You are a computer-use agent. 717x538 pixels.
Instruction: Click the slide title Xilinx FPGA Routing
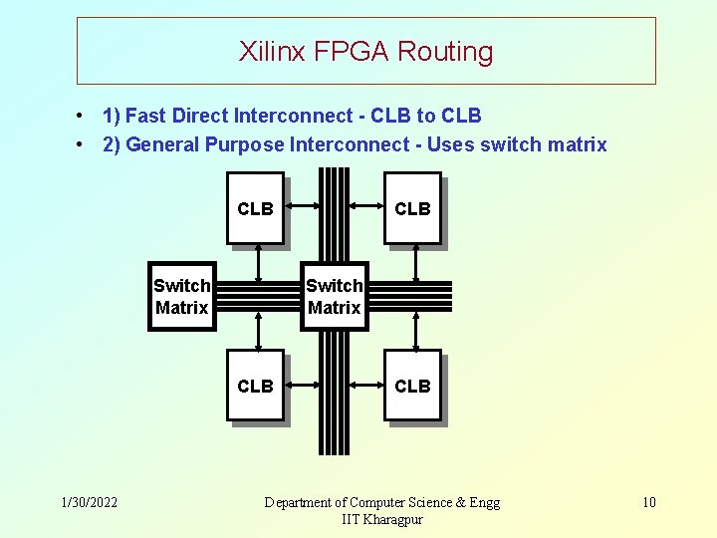point(365,52)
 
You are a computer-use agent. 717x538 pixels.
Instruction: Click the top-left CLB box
point(255,208)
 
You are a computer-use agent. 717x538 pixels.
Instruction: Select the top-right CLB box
point(412,208)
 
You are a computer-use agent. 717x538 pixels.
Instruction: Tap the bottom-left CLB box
point(255,386)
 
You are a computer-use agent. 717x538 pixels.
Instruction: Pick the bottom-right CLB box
point(412,386)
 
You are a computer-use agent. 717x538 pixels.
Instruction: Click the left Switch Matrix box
point(181,296)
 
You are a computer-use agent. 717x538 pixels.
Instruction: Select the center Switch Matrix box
point(335,296)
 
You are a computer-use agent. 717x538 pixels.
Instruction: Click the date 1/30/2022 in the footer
point(89,502)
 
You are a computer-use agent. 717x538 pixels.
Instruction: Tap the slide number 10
point(648,502)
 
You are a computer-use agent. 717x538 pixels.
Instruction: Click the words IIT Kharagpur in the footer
point(382,520)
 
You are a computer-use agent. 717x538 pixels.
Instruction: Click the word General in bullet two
point(163,145)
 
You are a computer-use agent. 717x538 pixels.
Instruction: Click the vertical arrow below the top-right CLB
point(415,264)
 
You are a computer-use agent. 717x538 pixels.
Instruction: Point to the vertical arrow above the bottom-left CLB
point(258,330)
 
